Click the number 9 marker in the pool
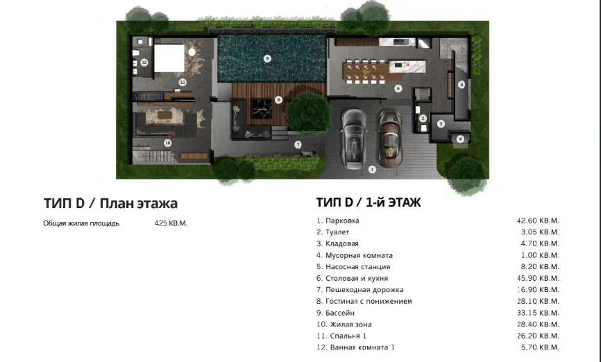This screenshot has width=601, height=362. coord(267,58)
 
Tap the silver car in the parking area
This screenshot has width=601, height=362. coord(355,138)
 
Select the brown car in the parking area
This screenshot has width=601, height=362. coord(389,136)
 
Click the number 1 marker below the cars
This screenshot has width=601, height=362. coord(372,169)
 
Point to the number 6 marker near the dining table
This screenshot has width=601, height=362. coord(398,88)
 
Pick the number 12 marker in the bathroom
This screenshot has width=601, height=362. coord(144,62)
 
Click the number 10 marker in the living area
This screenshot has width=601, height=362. coord(167,143)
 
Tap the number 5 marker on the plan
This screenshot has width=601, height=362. coord(461,85)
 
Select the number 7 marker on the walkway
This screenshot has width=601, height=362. coord(298,145)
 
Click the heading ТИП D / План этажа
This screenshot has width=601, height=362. coord(110,203)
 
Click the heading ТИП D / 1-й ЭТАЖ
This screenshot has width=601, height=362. coord(369,202)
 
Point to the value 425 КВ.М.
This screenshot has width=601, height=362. coord(171,223)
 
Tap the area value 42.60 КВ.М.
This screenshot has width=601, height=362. coord(538,221)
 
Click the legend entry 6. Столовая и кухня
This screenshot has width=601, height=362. coord(352,278)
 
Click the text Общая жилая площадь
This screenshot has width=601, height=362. coord(81,223)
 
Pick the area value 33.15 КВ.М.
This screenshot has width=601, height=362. coord(538,313)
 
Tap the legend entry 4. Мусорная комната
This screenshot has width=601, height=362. coord(355,255)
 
